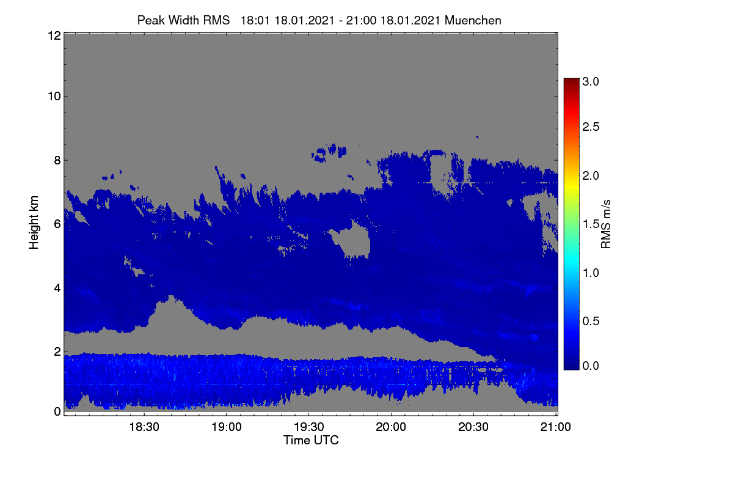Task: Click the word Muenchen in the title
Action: tap(473, 20)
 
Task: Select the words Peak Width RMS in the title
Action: tap(183, 20)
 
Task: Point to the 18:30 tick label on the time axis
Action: tap(144, 427)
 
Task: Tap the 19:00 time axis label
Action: tap(227, 427)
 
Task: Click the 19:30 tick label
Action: tap(309, 427)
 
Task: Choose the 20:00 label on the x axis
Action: tap(391, 427)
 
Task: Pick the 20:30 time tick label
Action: tap(473, 427)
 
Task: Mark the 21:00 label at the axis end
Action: tap(556, 427)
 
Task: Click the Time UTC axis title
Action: tap(311, 440)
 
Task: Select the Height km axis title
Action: tap(34, 222)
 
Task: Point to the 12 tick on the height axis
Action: tap(54, 35)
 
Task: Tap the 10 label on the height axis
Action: tap(54, 97)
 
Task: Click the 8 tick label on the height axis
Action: tap(57, 160)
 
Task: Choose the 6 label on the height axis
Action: tap(57, 224)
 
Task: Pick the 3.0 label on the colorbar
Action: tap(591, 81)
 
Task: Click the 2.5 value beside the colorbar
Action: tap(591, 127)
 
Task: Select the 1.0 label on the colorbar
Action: tap(591, 273)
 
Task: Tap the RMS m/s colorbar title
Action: tap(606, 224)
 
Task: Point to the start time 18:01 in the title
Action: tap(255, 20)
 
